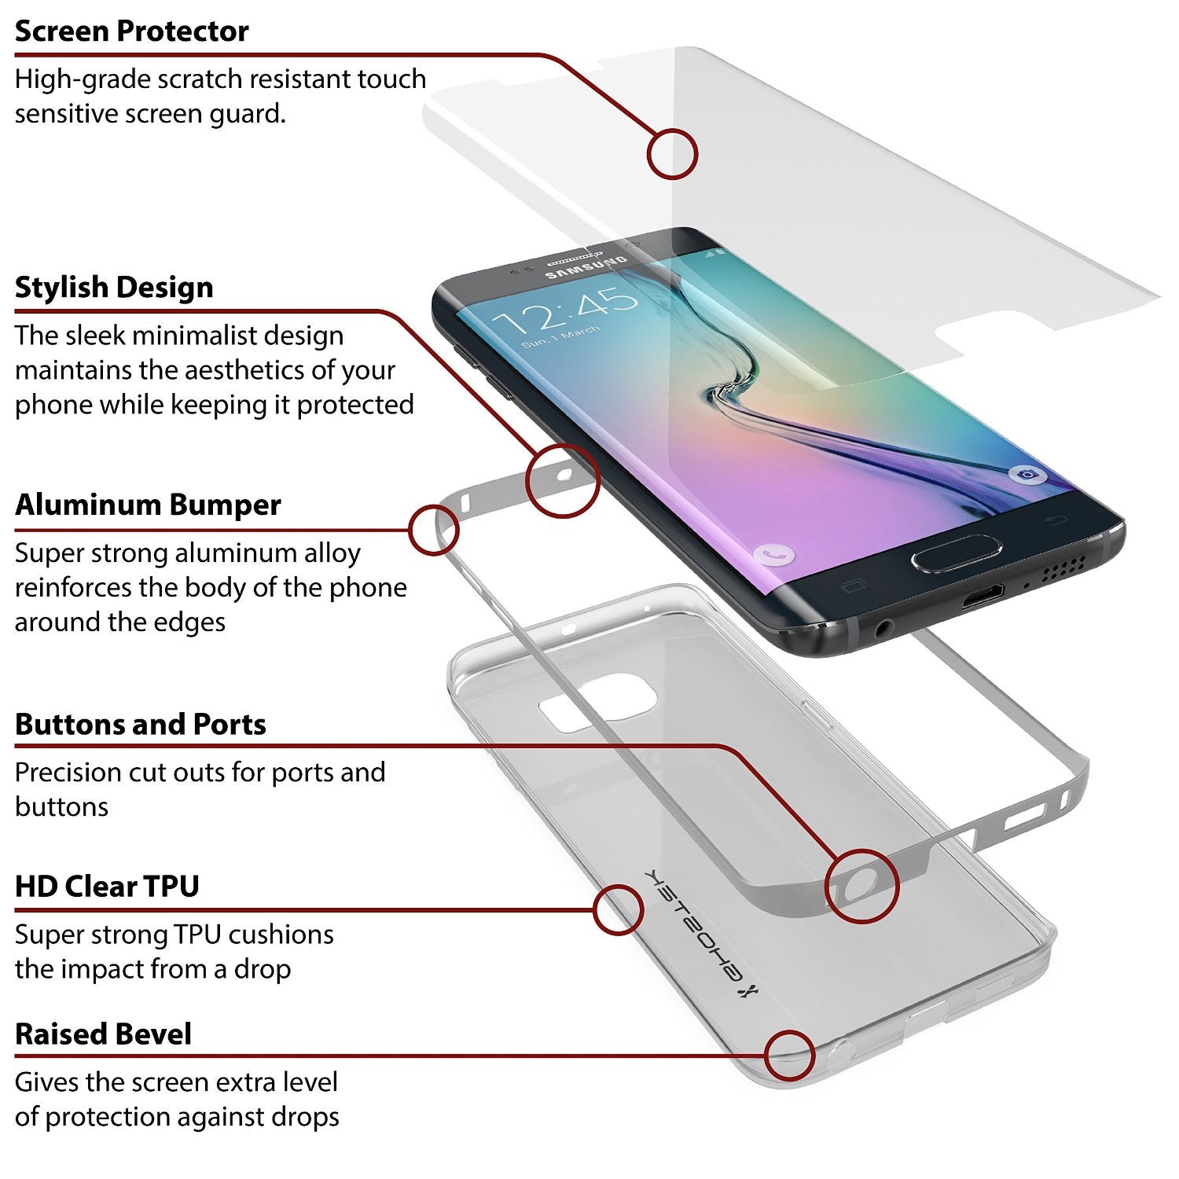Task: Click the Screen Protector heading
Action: click(131, 31)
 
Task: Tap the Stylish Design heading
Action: click(114, 287)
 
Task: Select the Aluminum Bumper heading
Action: click(148, 505)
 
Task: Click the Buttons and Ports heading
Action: click(141, 724)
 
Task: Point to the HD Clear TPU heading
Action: click(107, 886)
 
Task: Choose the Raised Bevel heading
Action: click(103, 1034)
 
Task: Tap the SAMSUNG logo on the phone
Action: click(586, 267)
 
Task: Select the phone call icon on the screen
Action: click(773, 554)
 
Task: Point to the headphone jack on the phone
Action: click(883, 627)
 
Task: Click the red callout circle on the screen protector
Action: click(672, 153)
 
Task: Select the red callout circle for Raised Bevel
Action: click(789, 1056)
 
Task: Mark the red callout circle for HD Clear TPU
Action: click(619, 909)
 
